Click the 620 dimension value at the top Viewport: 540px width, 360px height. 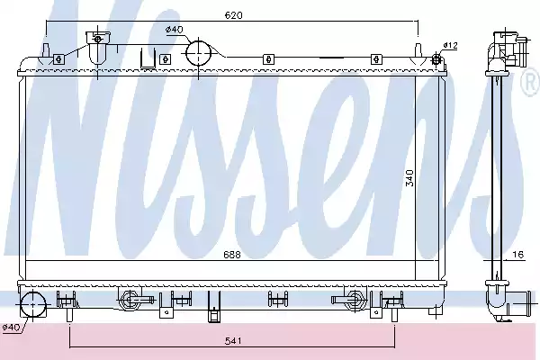pos(233,15)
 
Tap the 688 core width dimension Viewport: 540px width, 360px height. pos(232,255)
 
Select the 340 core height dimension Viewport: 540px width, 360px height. pos(409,178)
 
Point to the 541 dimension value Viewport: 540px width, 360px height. pos(233,341)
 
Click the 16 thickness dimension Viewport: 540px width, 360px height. pos(518,254)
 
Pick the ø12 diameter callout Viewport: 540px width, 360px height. pos(450,45)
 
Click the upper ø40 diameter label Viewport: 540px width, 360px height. pos(175,30)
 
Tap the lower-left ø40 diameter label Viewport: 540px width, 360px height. pos(11,327)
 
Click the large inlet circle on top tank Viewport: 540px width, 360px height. pos(198,53)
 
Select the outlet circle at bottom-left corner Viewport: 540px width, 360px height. pos(32,304)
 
